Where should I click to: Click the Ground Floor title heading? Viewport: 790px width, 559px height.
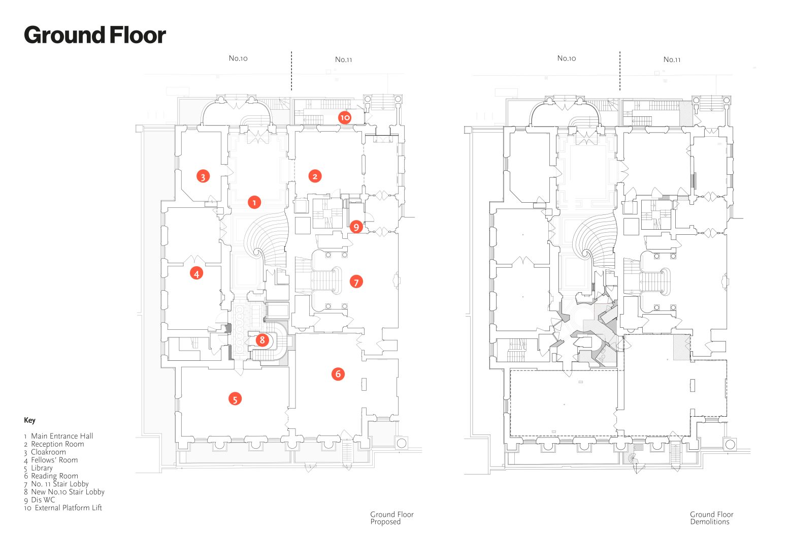(x=95, y=36)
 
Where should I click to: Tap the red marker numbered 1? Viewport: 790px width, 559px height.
(x=254, y=202)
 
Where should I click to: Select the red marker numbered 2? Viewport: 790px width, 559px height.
(x=315, y=176)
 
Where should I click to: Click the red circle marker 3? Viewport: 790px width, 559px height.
(x=203, y=177)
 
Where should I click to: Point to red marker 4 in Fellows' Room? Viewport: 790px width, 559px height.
(x=196, y=273)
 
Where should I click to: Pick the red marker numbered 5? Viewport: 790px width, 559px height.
(x=235, y=399)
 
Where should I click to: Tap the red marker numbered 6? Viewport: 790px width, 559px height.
(x=338, y=374)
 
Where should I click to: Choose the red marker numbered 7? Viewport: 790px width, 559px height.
(x=356, y=282)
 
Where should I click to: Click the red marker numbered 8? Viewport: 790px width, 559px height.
(x=262, y=340)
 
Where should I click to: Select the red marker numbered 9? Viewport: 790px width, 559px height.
(x=356, y=227)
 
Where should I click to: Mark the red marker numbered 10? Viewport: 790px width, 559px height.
(x=345, y=117)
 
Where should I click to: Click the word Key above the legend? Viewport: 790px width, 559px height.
(x=29, y=420)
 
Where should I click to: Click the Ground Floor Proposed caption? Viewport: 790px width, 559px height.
(x=391, y=518)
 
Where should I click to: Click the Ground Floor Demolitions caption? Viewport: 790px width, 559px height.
(x=711, y=518)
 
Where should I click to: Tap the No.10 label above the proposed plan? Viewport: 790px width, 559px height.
(x=238, y=58)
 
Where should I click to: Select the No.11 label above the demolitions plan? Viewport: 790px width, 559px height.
(x=672, y=59)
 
